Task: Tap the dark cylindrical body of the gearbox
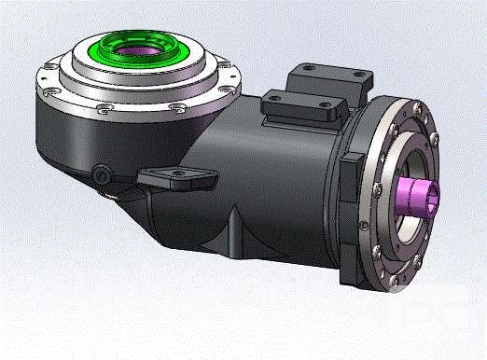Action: click(x=271, y=187)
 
